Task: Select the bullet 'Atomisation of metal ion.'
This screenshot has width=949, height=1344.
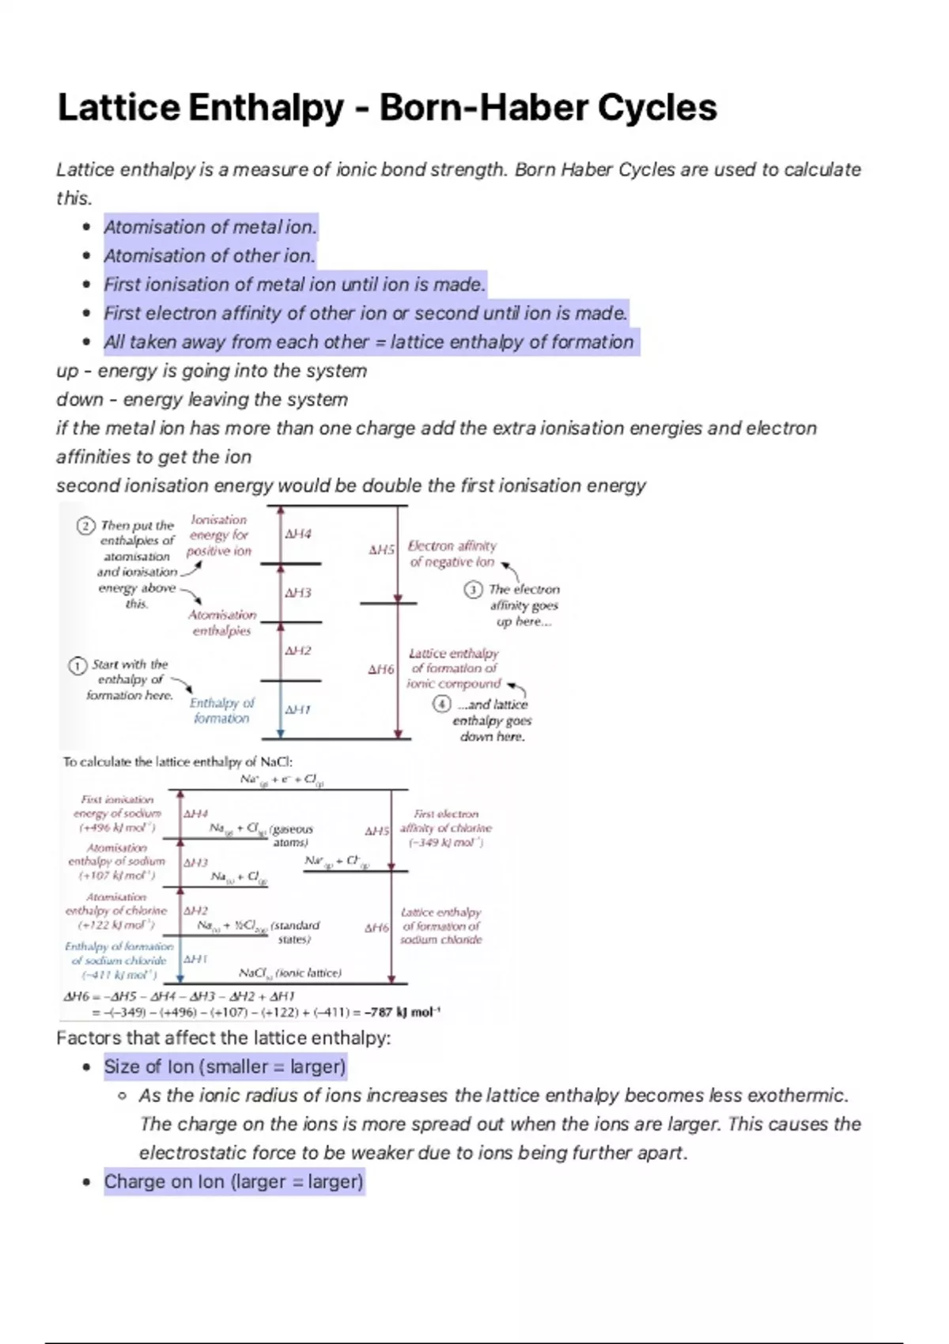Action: [x=210, y=228]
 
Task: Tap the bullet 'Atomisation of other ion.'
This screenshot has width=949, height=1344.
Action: [x=210, y=256]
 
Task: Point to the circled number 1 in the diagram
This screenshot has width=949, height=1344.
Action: [x=78, y=666]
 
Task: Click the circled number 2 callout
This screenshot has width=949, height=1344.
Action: [x=86, y=526]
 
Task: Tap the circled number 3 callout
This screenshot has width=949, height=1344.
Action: [x=473, y=590]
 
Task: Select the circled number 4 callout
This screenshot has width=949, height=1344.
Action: [x=442, y=704]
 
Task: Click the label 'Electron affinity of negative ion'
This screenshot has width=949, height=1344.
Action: [x=452, y=553]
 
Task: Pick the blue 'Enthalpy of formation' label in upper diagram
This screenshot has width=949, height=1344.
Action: [x=221, y=710]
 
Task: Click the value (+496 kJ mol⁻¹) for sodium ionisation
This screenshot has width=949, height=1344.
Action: [x=117, y=828]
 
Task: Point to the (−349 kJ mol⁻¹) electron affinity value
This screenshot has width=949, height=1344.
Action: [x=445, y=843]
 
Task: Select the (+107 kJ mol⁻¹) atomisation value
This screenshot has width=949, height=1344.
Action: [x=117, y=875]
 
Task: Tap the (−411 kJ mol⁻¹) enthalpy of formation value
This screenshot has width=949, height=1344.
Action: [x=119, y=975]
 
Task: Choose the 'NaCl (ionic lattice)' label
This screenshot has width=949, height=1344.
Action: [x=289, y=973]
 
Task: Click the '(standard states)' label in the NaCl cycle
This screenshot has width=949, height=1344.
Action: [x=294, y=932]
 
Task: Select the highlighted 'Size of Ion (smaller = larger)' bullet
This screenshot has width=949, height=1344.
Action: [x=225, y=1067]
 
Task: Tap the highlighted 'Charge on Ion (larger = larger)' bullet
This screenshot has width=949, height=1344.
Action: [x=233, y=1182]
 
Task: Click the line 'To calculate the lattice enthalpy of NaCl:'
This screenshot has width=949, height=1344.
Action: [x=178, y=762]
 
